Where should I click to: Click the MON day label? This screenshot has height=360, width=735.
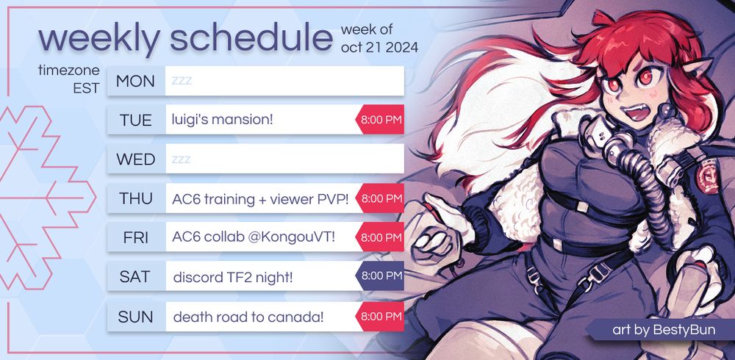pos(135,81)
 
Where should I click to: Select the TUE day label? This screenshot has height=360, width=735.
pos(135,120)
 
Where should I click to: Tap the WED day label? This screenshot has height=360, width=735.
pos(135,159)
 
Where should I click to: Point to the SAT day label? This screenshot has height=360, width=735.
pos(135,276)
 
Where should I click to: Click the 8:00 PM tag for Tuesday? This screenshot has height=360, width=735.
pos(380,120)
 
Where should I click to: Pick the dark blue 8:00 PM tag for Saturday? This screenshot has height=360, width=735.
pos(380,276)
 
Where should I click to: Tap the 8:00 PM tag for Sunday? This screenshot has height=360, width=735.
pos(380,317)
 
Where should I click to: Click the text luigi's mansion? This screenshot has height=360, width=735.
pos(222,120)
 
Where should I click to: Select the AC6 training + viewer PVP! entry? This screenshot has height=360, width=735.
pos(260,199)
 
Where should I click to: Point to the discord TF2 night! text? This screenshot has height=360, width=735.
pos(233,278)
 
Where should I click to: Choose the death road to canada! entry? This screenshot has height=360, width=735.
pos(248,317)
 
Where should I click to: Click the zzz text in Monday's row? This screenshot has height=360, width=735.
pos(182,81)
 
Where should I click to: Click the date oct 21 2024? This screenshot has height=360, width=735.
pos(380,48)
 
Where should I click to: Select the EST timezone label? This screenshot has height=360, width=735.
pos(86,88)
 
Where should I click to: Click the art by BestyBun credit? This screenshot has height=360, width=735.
pos(664,330)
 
